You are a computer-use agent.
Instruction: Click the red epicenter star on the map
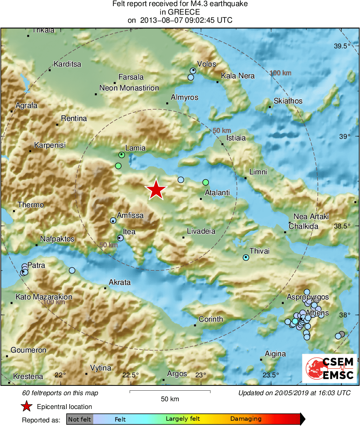click(156, 190)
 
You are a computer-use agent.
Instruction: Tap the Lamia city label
click(135, 148)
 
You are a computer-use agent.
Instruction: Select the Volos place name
click(206, 64)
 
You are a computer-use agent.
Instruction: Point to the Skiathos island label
click(288, 101)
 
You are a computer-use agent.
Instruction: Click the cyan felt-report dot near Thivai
click(246, 258)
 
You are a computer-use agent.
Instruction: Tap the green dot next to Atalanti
click(206, 182)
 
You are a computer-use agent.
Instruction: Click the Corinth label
click(211, 319)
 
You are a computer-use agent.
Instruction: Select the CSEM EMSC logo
click(329, 368)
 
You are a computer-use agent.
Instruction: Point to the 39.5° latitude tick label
click(342, 46)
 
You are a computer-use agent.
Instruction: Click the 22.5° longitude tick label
click(131, 375)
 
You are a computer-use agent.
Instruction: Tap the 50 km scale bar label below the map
click(170, 399)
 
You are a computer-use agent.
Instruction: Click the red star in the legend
click(27, 406)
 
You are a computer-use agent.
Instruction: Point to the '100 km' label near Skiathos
click(281, 73)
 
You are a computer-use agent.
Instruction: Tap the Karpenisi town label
click(50, 145)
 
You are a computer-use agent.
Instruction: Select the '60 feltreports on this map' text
click(60, 393)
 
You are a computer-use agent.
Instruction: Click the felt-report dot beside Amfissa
click(113, 220)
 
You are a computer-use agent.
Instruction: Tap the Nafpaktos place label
click(57, 239)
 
